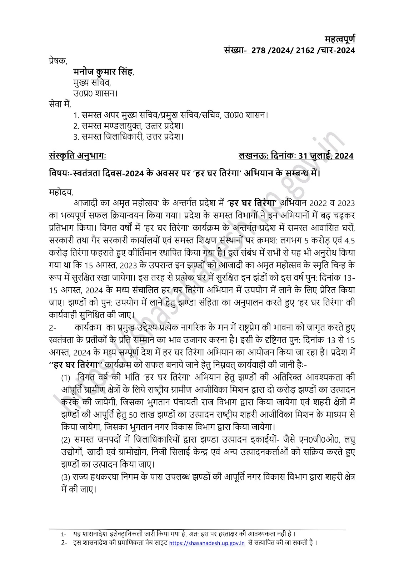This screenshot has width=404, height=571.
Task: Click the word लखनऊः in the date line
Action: pyautogui.click(x=253, y=156)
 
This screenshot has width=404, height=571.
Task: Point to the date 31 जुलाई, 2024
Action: pyautogui.click(x=326, y=156)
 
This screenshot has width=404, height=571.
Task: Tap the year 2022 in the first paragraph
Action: pyautogui.click(x=321, y=203)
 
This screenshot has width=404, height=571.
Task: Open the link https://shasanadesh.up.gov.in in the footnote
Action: pyautogui.click(x=206, y=543)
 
